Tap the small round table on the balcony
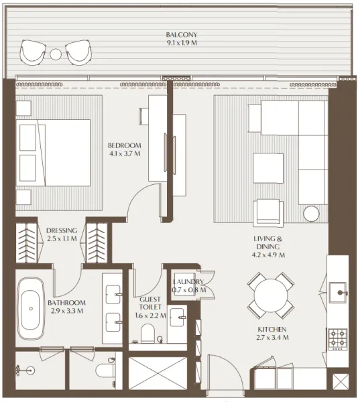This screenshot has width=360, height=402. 56,54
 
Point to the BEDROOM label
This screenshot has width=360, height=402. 125,145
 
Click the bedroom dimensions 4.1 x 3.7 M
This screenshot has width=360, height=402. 125,154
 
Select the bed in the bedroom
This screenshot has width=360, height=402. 54,153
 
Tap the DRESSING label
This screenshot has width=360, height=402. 62,230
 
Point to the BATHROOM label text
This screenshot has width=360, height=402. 65,302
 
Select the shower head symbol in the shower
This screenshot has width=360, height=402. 25,368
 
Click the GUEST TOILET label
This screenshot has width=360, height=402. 149,306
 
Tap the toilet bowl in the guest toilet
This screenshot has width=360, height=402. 151,333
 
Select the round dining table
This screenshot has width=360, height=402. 270,295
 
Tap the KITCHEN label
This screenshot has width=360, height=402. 273,330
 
